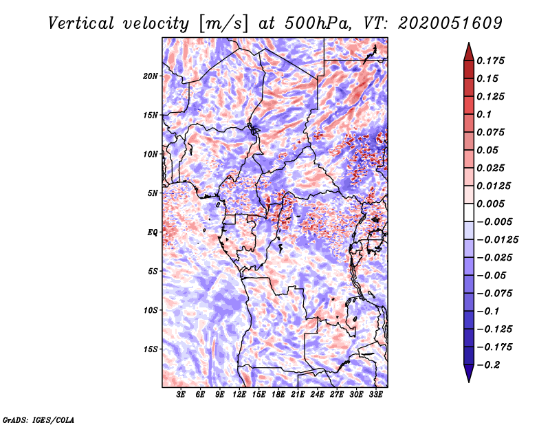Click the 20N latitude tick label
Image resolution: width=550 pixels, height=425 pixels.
(x=151, y=76)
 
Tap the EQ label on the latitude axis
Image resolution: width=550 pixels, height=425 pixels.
(x=153, y=232)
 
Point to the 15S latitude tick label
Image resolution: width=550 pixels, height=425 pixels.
(x=151, y=349)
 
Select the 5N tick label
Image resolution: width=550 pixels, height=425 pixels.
(x=153, y=193)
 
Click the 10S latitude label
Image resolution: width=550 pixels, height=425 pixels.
(x=151, y=311)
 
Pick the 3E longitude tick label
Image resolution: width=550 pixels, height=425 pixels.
(x=181, y=394)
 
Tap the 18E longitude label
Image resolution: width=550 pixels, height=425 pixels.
(x=278, y=394)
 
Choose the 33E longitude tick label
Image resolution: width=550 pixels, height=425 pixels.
(x=375, y=394)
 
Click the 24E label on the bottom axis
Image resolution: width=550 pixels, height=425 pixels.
(x=317, y=394)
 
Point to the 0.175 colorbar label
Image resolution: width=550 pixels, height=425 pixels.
(x=490, y=61)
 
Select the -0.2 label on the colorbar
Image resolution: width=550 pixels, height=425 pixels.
(x=488, y=365)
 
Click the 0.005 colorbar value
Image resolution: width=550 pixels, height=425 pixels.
(x=490, y=204)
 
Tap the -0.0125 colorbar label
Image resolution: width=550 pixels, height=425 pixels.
(x=497, y=240)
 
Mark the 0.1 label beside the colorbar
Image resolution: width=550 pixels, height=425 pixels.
(x=484, y=114)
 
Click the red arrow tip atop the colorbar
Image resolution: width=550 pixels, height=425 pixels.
(x=469, y=43)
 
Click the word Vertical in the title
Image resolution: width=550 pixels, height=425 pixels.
(x=81, y=23)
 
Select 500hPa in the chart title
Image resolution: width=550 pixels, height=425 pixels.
(x=318, y=23)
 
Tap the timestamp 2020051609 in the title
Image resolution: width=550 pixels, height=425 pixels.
(x=450, y=23)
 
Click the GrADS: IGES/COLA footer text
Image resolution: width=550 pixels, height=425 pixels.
(x=38, y=419)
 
